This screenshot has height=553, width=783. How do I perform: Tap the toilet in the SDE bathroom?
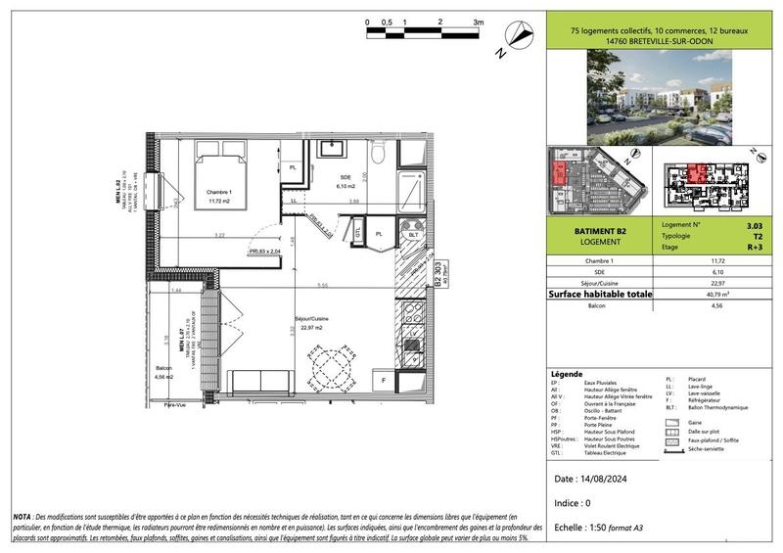pyautogui.click(x=381, y=158)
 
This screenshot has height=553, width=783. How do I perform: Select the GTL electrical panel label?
pyautogui.click(x=359, y=235)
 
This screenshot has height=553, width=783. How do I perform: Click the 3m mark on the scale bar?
pyautogui.click(x=478, y=21)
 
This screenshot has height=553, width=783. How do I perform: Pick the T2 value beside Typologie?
pyautogui.click(x=749, y=237)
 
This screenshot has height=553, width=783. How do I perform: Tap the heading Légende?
pyautogui.click(x=567, y=374)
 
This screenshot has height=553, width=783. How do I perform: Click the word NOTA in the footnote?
pyautogui.click(x=22, y=516)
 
